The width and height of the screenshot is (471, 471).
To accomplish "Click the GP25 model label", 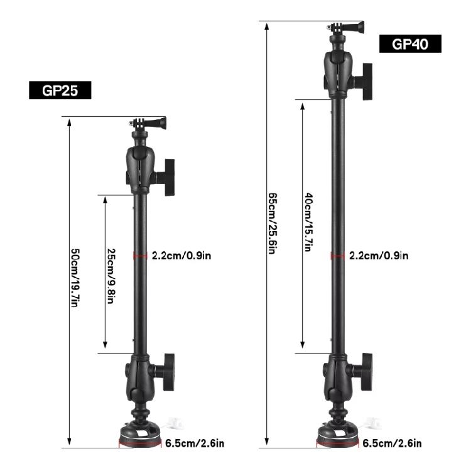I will click(60, 90).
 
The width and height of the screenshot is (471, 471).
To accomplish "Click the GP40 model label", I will click(410, 43).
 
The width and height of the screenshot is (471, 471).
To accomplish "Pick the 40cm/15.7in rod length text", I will click(308, 222).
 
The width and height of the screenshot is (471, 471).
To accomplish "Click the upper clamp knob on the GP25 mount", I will click(168, 177).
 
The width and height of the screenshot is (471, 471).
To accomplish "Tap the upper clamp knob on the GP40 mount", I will click(365, 80).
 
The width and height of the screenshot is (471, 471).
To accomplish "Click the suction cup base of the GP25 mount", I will click(141, 435).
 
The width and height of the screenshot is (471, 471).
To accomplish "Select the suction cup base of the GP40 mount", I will click(338, 435).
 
